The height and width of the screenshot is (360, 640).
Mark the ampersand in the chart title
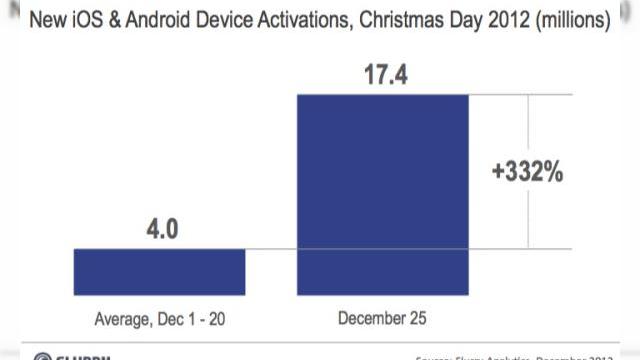pos(128,19)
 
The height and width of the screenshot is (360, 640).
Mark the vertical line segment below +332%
pos(529,220)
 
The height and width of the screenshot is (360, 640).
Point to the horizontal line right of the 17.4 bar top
pos(520,95)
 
